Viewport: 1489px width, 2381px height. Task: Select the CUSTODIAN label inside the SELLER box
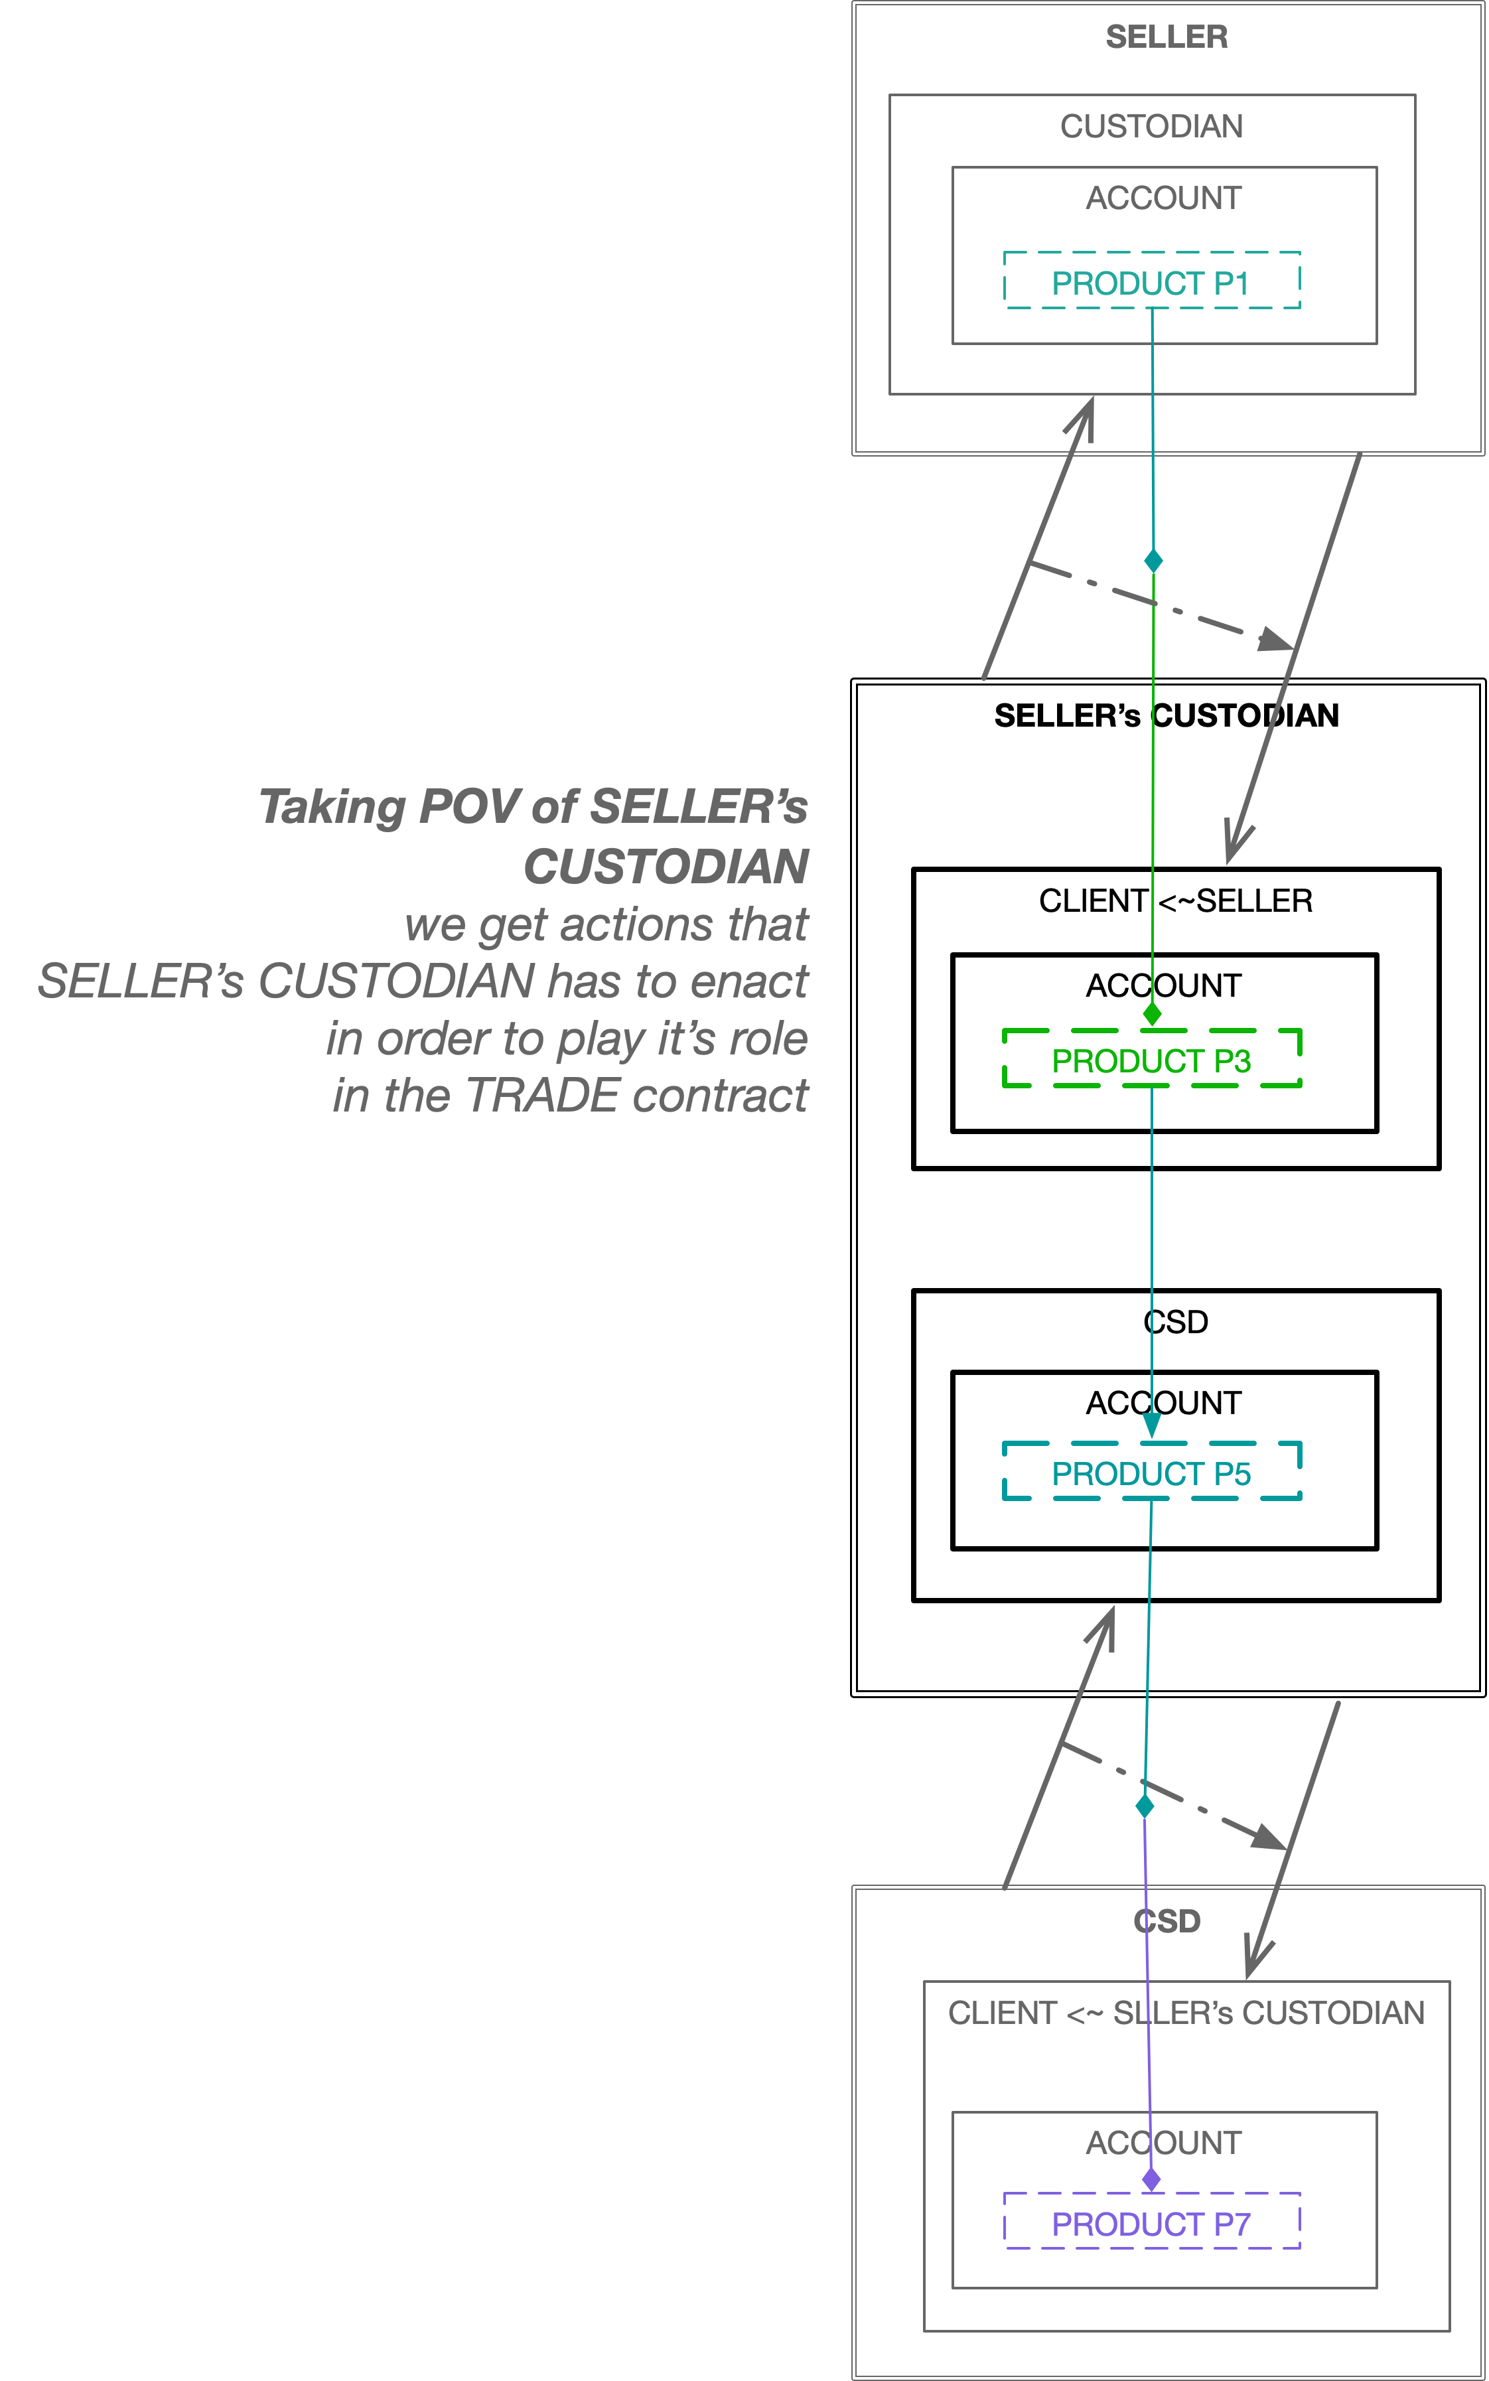[x=1151, y=126]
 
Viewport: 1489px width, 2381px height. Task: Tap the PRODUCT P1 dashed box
[x=1151, y=283]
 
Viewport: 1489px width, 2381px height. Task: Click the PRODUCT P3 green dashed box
[x=1151, y=1060]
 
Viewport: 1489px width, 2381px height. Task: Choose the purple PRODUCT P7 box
[x=1151, y=2224]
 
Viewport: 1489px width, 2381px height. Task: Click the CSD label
[x=1167, y=1921]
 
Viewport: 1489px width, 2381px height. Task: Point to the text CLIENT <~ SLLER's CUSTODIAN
[x=1186, y=2013]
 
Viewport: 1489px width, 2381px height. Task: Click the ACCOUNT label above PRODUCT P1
[x=1163, y=198]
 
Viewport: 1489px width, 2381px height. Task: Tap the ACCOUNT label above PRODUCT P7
[x=1163, y=2143]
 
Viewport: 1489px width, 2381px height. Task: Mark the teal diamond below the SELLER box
[x=1153, y=560]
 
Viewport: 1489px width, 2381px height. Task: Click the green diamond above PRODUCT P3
[x=1152, y=1013]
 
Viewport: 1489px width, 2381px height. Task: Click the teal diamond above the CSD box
[x=1145, y=1806]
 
